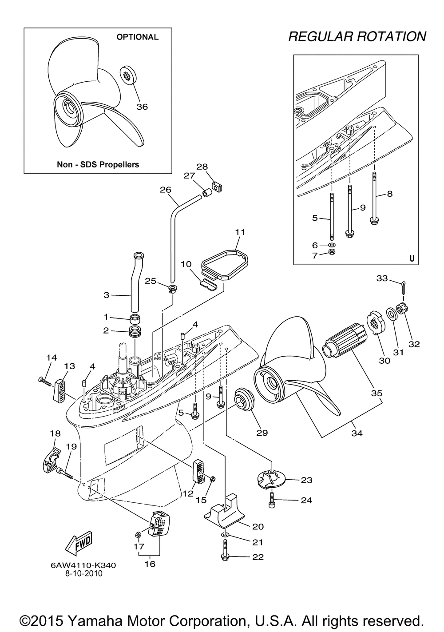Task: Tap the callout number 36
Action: click(142, 107)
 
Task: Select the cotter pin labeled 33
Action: click(403, 286)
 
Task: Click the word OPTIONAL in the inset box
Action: click(137, 37)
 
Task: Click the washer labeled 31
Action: click(391, 314)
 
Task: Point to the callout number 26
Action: click(165, 190)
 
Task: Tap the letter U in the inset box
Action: click(412, 258)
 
